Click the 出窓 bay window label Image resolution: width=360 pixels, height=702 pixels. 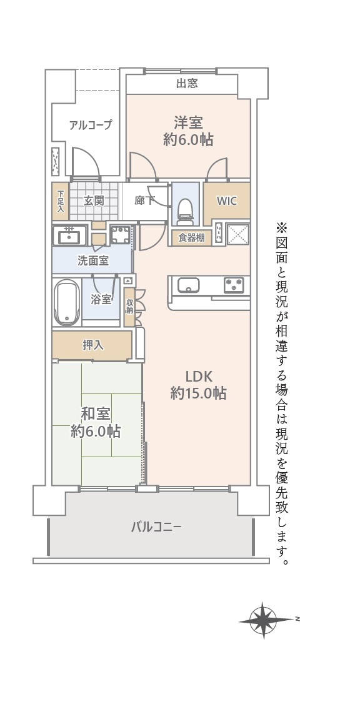pyautogui.click(x=187, y=83)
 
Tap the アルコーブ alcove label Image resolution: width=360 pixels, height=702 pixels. pyautogui.click(x=90, y=125)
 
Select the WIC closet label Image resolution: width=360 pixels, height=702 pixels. pyautogui.click(x=227, y=200)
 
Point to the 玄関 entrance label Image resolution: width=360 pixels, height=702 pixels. pyautogui.click(x=93, y=200)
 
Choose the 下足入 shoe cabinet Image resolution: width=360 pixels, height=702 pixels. pyautogui.click(x=61, y=201)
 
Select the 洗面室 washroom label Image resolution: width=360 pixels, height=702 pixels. pyautogui.click(x=93, y=261)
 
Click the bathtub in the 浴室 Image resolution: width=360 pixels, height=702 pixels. pyautogui.click(x=67, y=302)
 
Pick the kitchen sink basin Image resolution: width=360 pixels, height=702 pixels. pyautogui.click(x=188, y=285)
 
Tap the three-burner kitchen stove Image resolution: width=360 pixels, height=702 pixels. pyautogui.click(x=234, y=285)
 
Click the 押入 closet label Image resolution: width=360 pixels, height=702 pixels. pyautogui.click(x=94, y=345)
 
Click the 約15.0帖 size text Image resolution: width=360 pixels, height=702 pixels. pyautogui.click(x=198, y=393)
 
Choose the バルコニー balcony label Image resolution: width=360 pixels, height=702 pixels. pyautogui.click(x=156, y=527)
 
